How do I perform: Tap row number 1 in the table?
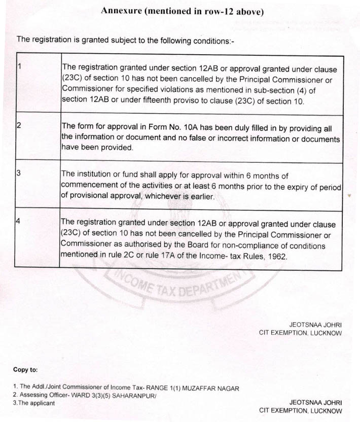(x=19, y=67)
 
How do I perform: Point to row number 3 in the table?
(x=19, y=173)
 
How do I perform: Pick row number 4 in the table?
(x=19, y=222)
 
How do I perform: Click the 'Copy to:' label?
(x=25, y=370)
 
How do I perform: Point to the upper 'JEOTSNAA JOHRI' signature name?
(x=315, y=324)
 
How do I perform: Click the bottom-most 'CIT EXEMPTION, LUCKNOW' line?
(x=300, y=410)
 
